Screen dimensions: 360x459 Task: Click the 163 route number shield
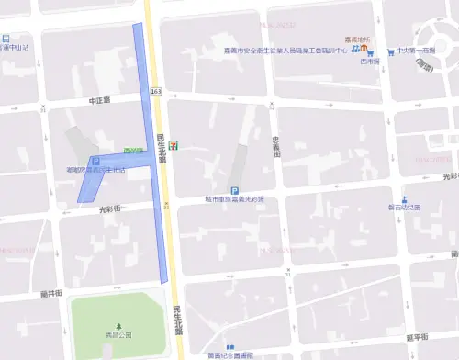click(157, 92)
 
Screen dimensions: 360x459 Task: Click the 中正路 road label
click(98, 99)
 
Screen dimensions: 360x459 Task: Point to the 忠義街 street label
click(275, 144)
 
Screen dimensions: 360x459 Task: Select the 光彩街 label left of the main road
click(110, 208)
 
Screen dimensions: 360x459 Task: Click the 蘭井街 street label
click(52, 292)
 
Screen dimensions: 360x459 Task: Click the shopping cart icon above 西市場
click(369, 51)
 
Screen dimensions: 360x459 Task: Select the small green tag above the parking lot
click(133, 151)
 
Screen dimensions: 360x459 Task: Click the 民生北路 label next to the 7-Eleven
click(162, 150)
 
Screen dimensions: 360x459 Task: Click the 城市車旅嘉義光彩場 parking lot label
click(234, 199)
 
